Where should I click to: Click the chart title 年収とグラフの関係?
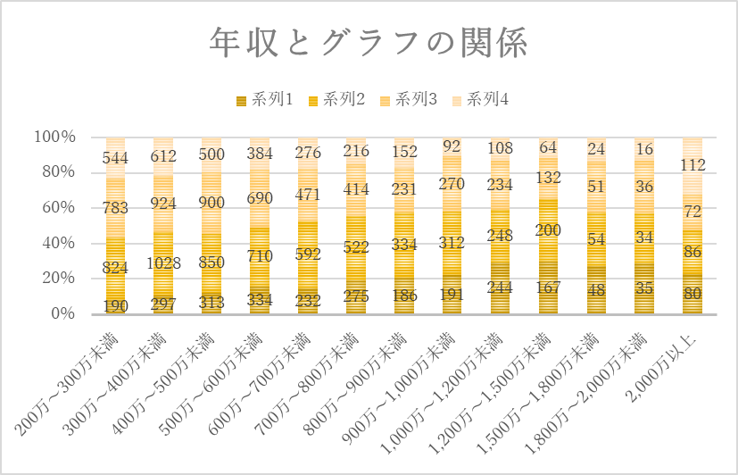click(x=369, y=42)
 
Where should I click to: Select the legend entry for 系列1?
click(x=264, y=100)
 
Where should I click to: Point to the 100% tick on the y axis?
click(x=54, y=137)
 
